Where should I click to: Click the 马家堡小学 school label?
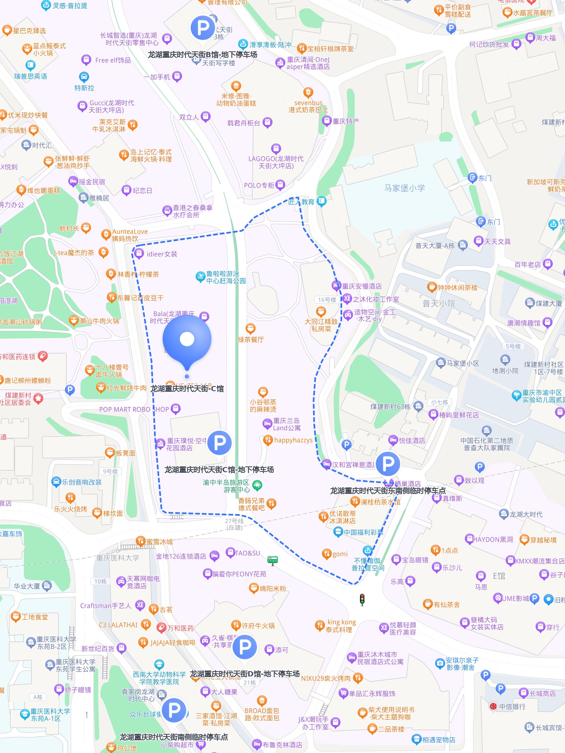tap(404, 188)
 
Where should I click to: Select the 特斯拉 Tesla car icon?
tap(84, 77)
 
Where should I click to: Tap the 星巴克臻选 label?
tap(29, 31)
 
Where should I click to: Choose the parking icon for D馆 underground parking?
tap(244, 646)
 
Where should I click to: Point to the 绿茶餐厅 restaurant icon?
tap(251, 329)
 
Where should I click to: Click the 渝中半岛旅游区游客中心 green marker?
tap(258, 485)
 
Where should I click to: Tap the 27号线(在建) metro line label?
tap(234, 524)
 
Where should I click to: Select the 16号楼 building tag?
tap(327, 300)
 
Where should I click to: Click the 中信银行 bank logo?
tap(493, 706)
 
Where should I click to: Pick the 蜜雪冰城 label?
tap(159, 542)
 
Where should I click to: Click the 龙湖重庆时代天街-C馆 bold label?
tap(187, 388)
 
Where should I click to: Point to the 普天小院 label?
tap(439, 303)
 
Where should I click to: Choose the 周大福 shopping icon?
tap(530, 37)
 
